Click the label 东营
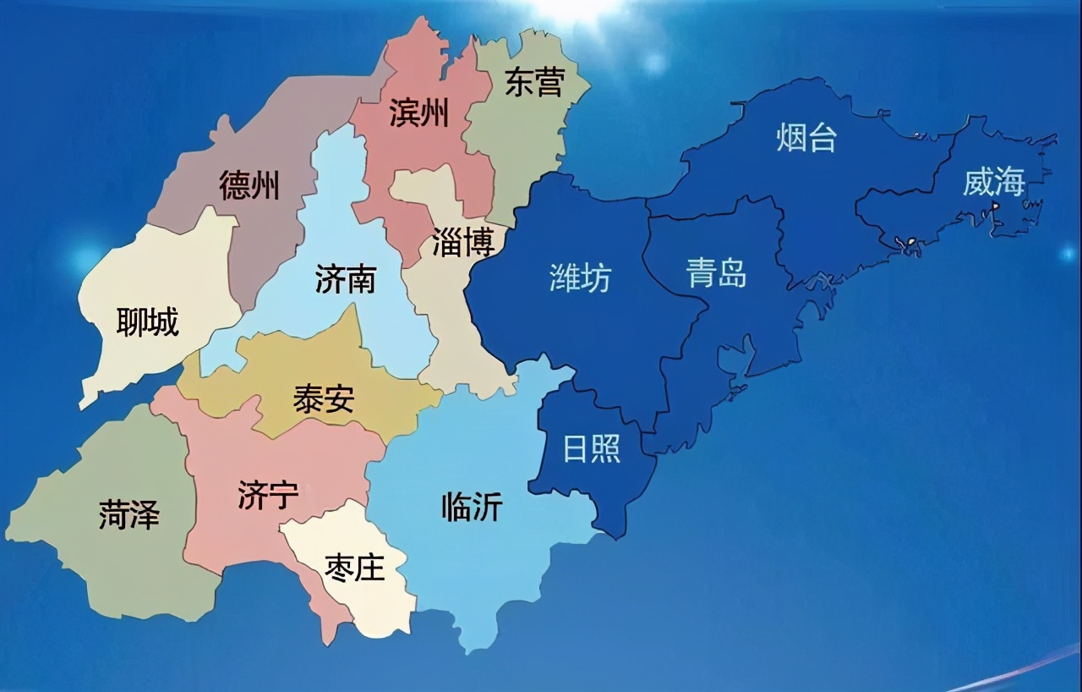point(534,82)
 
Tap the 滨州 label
point(418,113)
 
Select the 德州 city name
point(249,185)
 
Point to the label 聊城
point(148,321)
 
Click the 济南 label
point(345,279)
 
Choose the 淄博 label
point(462,243)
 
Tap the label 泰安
point(324,398)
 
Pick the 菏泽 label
point(128,514)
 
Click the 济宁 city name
point(268,496)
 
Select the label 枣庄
point(355,568)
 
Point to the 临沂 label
point(472,507)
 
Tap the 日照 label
point(592,448)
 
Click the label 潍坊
point(580,277)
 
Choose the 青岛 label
point(716,273)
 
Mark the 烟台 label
point(806,138)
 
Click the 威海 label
point(994,182)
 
